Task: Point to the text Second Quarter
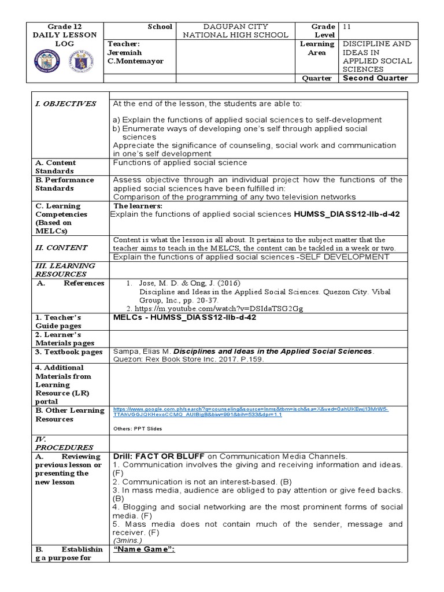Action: [375, 79]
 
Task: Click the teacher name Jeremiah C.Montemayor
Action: [136, 53]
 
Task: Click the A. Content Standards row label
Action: [61, 167]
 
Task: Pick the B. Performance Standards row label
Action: [65, 184]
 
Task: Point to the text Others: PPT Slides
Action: [136, 429]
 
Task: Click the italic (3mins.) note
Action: [129, 541]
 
